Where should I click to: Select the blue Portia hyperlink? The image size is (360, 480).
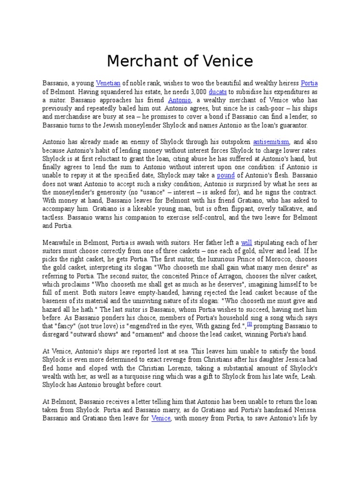309,83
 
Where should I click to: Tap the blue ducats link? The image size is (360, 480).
218,92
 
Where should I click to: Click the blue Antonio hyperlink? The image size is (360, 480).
180,100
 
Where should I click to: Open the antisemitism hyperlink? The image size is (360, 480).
271,142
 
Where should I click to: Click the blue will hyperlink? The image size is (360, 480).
247,242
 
